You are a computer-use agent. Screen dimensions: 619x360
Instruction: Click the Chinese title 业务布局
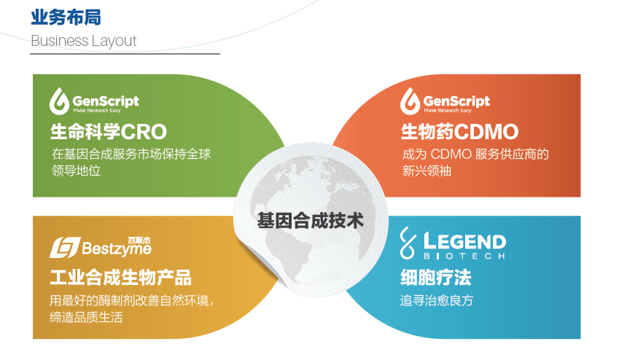point(66,17)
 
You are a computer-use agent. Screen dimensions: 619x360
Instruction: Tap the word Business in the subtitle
point(60,41)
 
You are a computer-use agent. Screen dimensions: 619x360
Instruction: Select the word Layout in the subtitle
point(114,42)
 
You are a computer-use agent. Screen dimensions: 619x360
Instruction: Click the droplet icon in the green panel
point(59,101)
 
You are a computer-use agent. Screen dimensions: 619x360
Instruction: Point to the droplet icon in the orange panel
point(410,101)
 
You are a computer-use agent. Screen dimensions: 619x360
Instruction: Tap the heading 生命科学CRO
point(109,132)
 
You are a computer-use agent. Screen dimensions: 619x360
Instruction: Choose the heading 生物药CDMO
point(459,132)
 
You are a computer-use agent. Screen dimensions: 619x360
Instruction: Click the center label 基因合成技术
point(311,221)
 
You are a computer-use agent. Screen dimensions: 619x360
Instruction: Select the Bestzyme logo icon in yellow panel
point(65,248)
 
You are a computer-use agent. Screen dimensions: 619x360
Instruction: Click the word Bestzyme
point(117,249)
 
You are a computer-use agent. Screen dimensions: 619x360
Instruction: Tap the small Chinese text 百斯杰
point(139,240)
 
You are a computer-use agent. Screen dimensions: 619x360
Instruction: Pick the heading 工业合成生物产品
point(121,277)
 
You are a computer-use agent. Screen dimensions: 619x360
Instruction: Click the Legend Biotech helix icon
point(408,243)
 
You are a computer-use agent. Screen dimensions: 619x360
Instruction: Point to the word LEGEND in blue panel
point(465,242)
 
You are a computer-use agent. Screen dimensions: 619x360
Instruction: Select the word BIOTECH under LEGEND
point(464,257)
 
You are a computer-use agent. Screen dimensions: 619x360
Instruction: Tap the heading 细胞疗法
point(436,277)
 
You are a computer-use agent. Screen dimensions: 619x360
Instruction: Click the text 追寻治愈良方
point(437,301)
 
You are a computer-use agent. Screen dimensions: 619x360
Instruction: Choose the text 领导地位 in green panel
point(77,171)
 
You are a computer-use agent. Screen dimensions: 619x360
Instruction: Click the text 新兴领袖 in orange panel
point(427,171)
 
